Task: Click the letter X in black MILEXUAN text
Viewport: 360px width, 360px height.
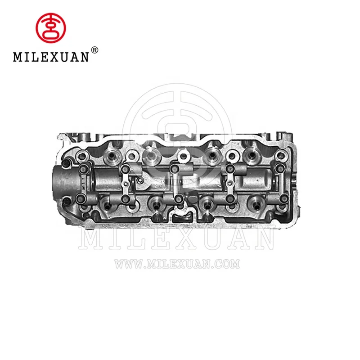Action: pyautogui.click(x=54, y=58)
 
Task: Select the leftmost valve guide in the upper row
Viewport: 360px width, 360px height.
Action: pyautogui.click(x=109, y=156)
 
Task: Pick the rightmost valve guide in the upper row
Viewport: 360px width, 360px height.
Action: pyautogui.click(x=250, y=156)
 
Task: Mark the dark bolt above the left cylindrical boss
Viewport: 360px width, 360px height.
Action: pyautogui.click(x=67, y=163)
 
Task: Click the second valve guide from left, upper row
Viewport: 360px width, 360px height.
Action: pyautogui.click(x=150, y=156)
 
